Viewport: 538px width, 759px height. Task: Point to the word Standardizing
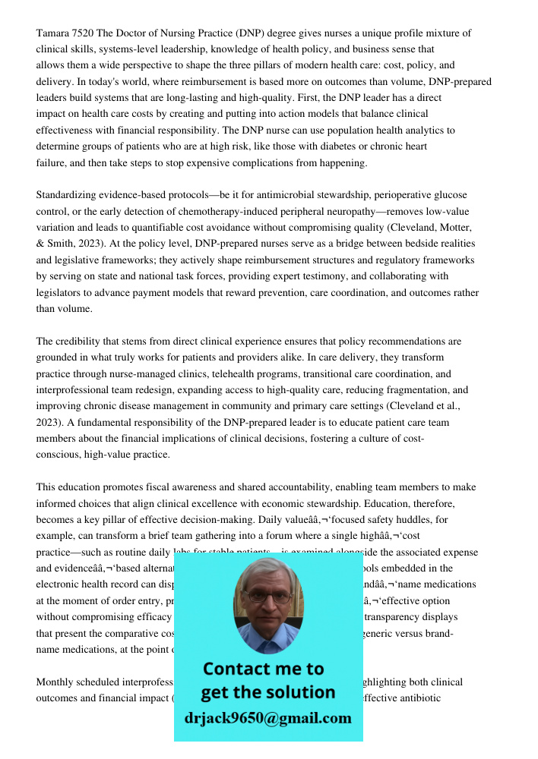(71, 195)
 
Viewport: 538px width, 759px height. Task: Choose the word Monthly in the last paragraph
(57, 682)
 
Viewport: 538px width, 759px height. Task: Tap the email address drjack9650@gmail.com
(268, 718)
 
